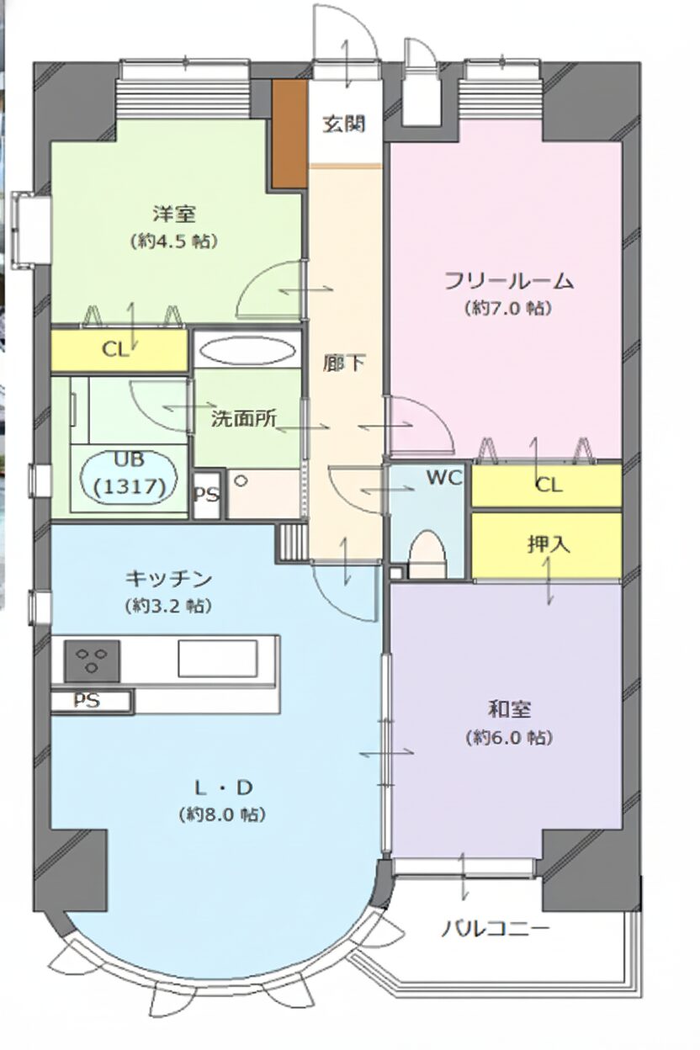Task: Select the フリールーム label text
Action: [x=509, y=281]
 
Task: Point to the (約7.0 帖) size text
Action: [x=507, y=308]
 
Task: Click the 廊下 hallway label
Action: [x=344, y=363]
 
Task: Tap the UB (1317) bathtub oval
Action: [x=130, y=475]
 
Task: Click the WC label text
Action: [x=443, y=478]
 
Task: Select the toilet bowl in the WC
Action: [x=427, y=556]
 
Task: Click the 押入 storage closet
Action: [x=548, y=544]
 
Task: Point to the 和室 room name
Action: [x=509, y=709]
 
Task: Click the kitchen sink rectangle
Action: [x=217, y=658]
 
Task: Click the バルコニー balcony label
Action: [x=496, y=930]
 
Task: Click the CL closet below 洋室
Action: [x=118, y=351]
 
